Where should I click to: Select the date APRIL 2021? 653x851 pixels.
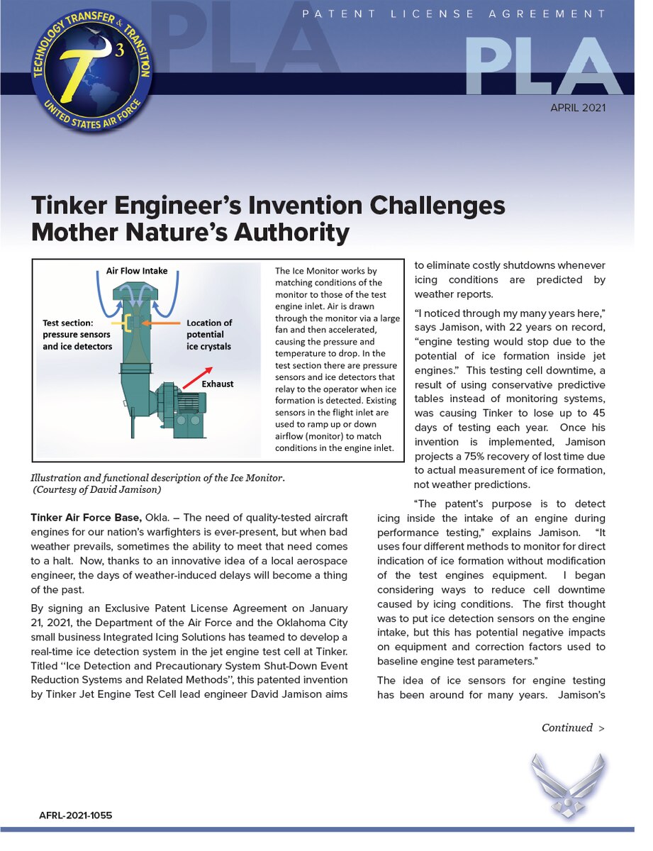pos(578,109)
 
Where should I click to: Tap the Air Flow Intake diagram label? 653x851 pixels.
pos(138,270)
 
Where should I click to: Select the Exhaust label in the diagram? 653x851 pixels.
pos(217,384)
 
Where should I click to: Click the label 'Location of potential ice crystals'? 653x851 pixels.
pos(209,335)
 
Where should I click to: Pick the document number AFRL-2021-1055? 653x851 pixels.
pos(75,816)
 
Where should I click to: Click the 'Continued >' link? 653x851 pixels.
pos(573,728)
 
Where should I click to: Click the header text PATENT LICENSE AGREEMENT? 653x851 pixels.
pos(454,13)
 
